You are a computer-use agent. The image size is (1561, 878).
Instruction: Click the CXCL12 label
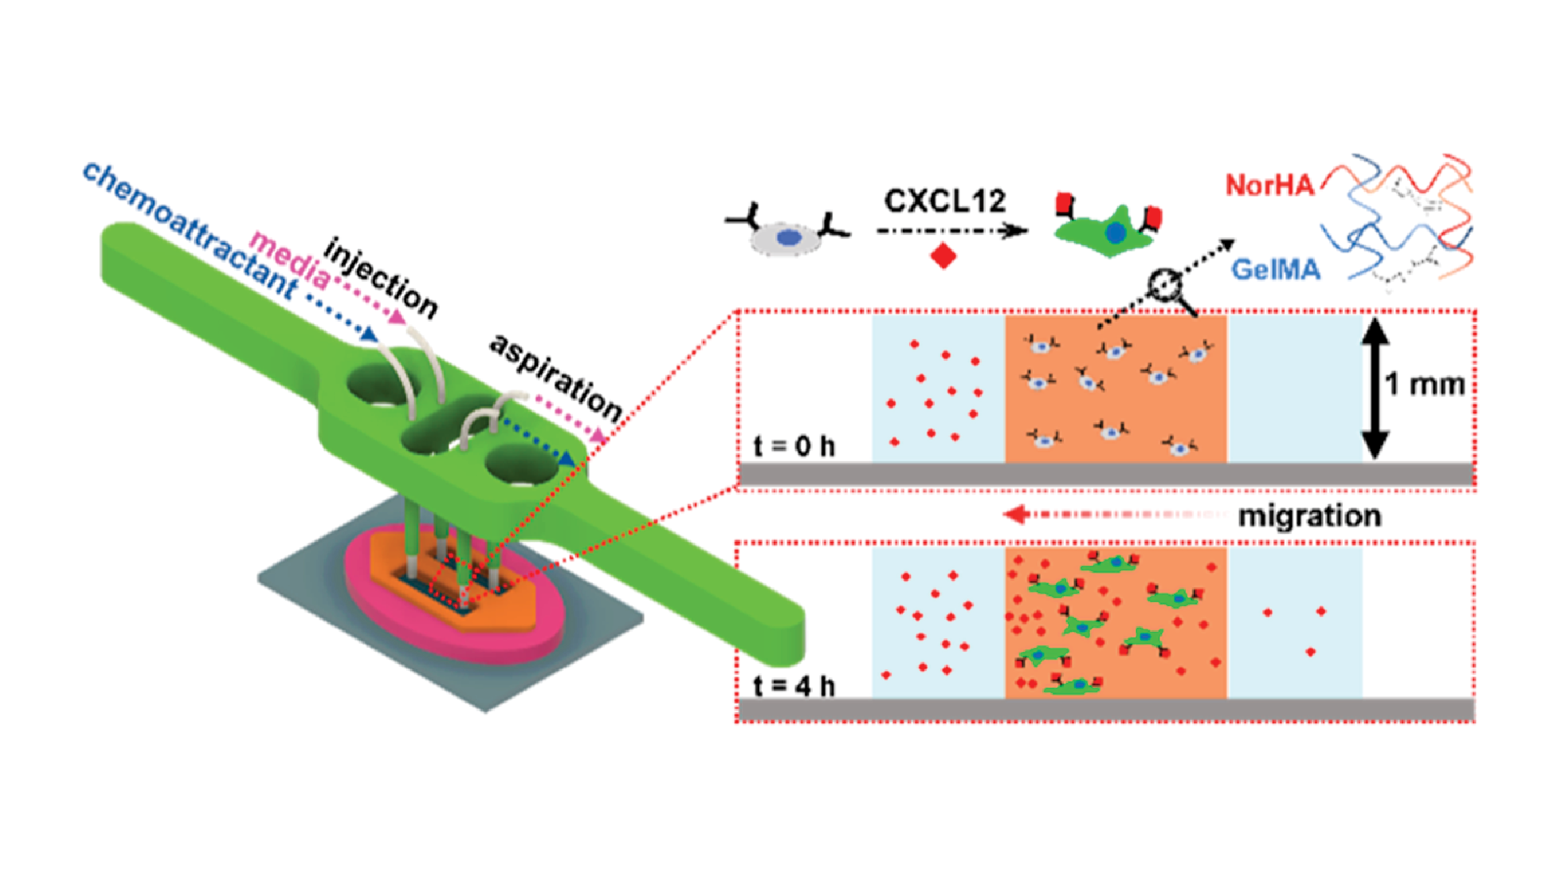coord(944,201)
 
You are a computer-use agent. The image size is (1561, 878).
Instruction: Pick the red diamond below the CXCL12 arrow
coord(943,256)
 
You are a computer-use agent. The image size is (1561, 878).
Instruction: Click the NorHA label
coord(1269,185)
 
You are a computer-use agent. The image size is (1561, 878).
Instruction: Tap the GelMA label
coord(1275,269)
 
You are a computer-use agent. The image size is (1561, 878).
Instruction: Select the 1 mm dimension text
coord(1424,384)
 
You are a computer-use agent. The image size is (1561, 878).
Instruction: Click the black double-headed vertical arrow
coord(1373,388)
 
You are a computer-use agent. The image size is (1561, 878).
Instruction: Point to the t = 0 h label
coord(794,446)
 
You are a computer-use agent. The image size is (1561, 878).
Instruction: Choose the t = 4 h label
coord(794,686)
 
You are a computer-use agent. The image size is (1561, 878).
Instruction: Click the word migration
coord(1309,516)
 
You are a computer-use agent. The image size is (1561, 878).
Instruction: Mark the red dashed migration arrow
coord(1113,514)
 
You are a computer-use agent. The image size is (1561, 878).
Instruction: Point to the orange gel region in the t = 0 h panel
coord(1115,390)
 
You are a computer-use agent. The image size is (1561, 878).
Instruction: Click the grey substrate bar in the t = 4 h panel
coord(1105,709)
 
